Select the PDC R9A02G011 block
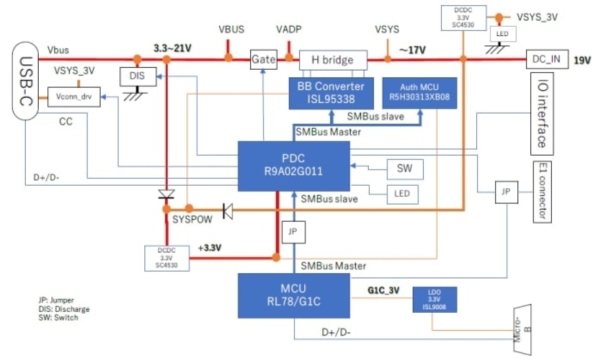293,166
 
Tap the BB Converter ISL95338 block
331,93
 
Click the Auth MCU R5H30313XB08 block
420,93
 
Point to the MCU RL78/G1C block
294,296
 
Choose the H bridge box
332,60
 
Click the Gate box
264,59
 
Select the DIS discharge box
138,75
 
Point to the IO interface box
541,114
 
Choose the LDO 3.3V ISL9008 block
435,299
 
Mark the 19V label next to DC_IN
582,61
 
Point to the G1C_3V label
383,290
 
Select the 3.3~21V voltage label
172,48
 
